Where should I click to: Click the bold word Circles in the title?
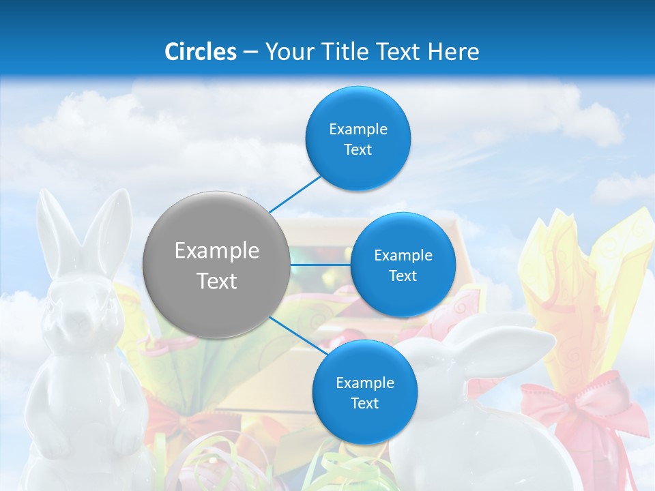pyautogui.click(x=201, y=52)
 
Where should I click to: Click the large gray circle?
pyautogui.click(x=216, y=265)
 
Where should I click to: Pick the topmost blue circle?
pyautogui.click(x=358, y=138)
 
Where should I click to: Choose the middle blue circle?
pyautogui.click(x=403, y=265)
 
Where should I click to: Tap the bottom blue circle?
pyautogui.click(x=364, y=392)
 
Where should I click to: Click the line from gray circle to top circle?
pyautogui.click(x=295, y=193)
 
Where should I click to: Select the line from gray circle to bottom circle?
pyautogui.click(x=294, y=334)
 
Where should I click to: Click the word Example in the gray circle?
pyautogui.click(x=216, y=251)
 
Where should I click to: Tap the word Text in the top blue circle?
pyautogui.click(x=358, y=150)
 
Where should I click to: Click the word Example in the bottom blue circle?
pyautogui.click(x=364, y=383)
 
